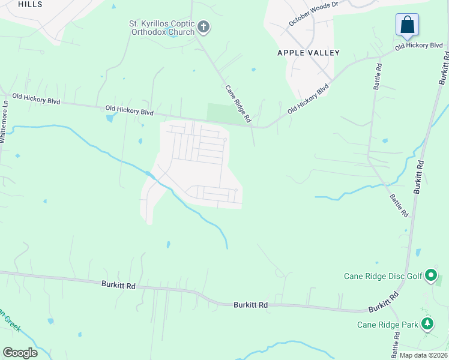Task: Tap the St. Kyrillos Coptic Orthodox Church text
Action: tap(161, 28)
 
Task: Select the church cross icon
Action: tap(203, 26)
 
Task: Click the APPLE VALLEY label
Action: tap(309, 53)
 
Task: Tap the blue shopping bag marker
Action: tap(407, 25)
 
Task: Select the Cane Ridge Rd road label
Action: tap(238, 104)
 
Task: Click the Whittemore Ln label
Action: tap(5, 121)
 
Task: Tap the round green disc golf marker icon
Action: tap(431, 276)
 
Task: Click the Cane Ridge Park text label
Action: tap(387, 325)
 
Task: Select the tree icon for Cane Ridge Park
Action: tap(427, 325)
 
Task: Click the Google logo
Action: tap(20, 353)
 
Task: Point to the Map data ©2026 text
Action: tap(423, 355)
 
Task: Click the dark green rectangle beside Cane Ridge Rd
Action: tap(218, 112)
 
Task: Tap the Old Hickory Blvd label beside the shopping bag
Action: tap(419, 46)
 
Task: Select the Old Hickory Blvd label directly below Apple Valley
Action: tap(309, 100)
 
